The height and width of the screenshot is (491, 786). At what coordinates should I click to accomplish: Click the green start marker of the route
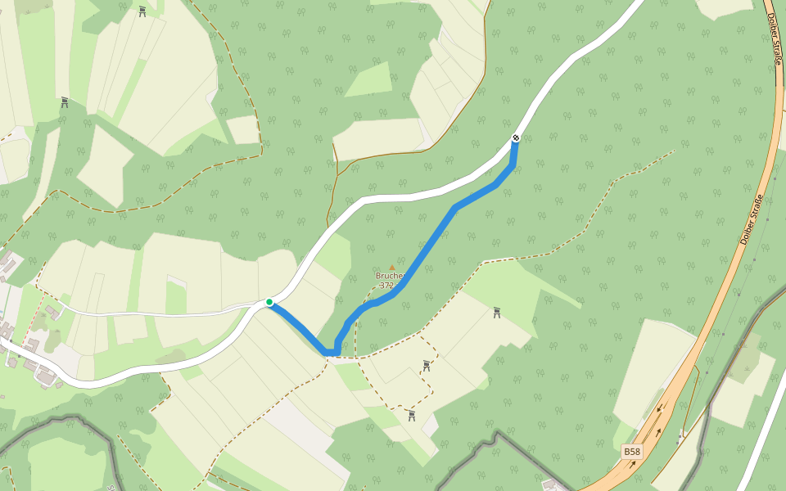click(x=269, y=302)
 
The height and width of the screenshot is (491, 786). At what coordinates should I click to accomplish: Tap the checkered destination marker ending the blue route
click(x=516, y=137)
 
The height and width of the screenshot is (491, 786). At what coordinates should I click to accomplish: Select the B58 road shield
click(x=631, y=452)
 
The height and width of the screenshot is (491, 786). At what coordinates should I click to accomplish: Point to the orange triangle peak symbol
click(x=391, y=267)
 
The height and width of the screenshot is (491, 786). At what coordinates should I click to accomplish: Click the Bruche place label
click(x=390, y=276)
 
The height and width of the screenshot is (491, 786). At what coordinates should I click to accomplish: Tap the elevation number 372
click(x=387, y=286)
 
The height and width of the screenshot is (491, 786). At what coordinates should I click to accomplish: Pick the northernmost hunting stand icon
click(x=142, y=11)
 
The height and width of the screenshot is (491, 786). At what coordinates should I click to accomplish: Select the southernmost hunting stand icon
click(x=411, y=416)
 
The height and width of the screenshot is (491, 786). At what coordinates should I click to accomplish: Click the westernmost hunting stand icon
click(x=64, y=102)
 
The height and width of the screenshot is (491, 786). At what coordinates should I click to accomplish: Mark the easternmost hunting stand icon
click(x=496, y=313)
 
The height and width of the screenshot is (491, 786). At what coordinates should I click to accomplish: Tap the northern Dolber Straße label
click(x=774, y=39)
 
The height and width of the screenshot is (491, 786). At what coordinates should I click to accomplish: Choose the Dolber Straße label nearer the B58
click(x=752, y=219)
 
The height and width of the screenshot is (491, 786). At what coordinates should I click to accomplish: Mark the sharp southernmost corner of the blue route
click(x=331, y=353)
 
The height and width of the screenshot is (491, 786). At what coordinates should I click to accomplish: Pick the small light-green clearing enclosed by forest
click(x=370, y=80)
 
